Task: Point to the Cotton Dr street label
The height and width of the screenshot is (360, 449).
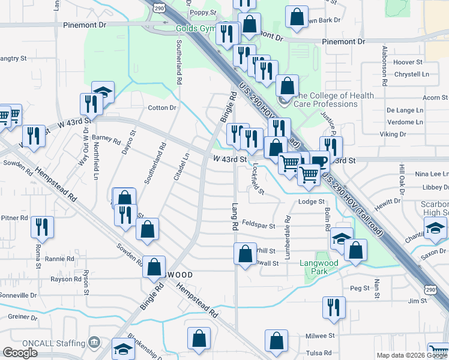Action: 162,108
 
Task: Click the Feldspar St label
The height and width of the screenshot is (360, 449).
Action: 259,226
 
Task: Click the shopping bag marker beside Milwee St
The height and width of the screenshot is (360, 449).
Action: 276,340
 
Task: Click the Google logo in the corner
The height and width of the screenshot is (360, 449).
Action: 20,353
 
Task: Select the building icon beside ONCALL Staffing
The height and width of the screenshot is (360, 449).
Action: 94,342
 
